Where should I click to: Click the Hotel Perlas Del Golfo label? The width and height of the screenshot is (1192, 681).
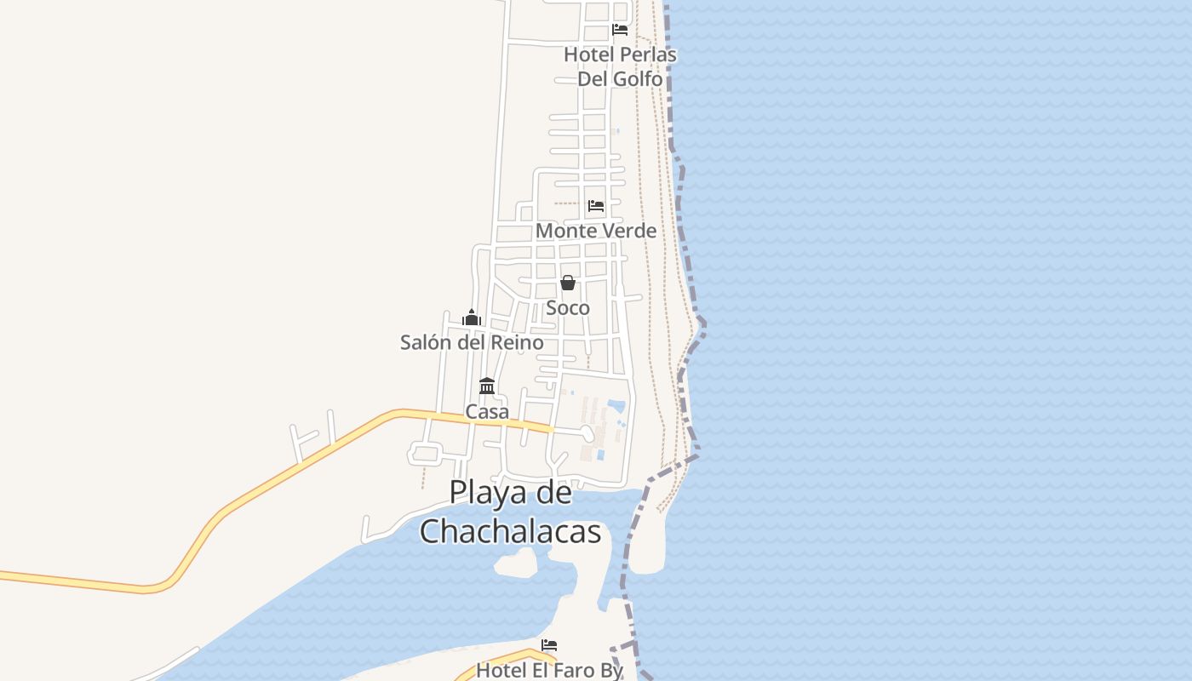click(620, 66)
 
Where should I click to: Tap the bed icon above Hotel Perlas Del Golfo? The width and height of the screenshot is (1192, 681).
click(620, 30)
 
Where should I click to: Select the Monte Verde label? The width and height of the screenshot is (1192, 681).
click(596, 231)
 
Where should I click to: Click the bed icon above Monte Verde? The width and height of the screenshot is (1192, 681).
click(596, 206)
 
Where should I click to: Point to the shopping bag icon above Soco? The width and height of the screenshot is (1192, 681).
click(568, 283)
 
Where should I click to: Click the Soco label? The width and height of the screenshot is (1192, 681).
click(568, 307)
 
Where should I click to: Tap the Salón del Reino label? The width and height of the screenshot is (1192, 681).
click(472, 342)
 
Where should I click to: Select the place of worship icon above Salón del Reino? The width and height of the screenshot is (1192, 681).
click(472, 318)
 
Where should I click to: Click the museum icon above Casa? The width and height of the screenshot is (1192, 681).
click(487, 386)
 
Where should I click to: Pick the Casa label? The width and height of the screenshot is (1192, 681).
click(487, 411)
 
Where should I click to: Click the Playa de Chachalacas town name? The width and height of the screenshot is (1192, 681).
click(511, 512)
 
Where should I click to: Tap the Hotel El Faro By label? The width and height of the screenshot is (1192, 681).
click(549, 670)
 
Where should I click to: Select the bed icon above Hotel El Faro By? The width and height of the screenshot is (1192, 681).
click(549, 645)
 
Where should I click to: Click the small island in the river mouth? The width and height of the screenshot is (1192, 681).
click(516, 563)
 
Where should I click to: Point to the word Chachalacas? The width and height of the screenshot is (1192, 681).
click(511, 531)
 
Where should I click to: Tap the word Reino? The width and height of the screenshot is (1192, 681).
click(515, 342)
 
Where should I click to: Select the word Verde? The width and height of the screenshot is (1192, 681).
click(628, 231)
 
